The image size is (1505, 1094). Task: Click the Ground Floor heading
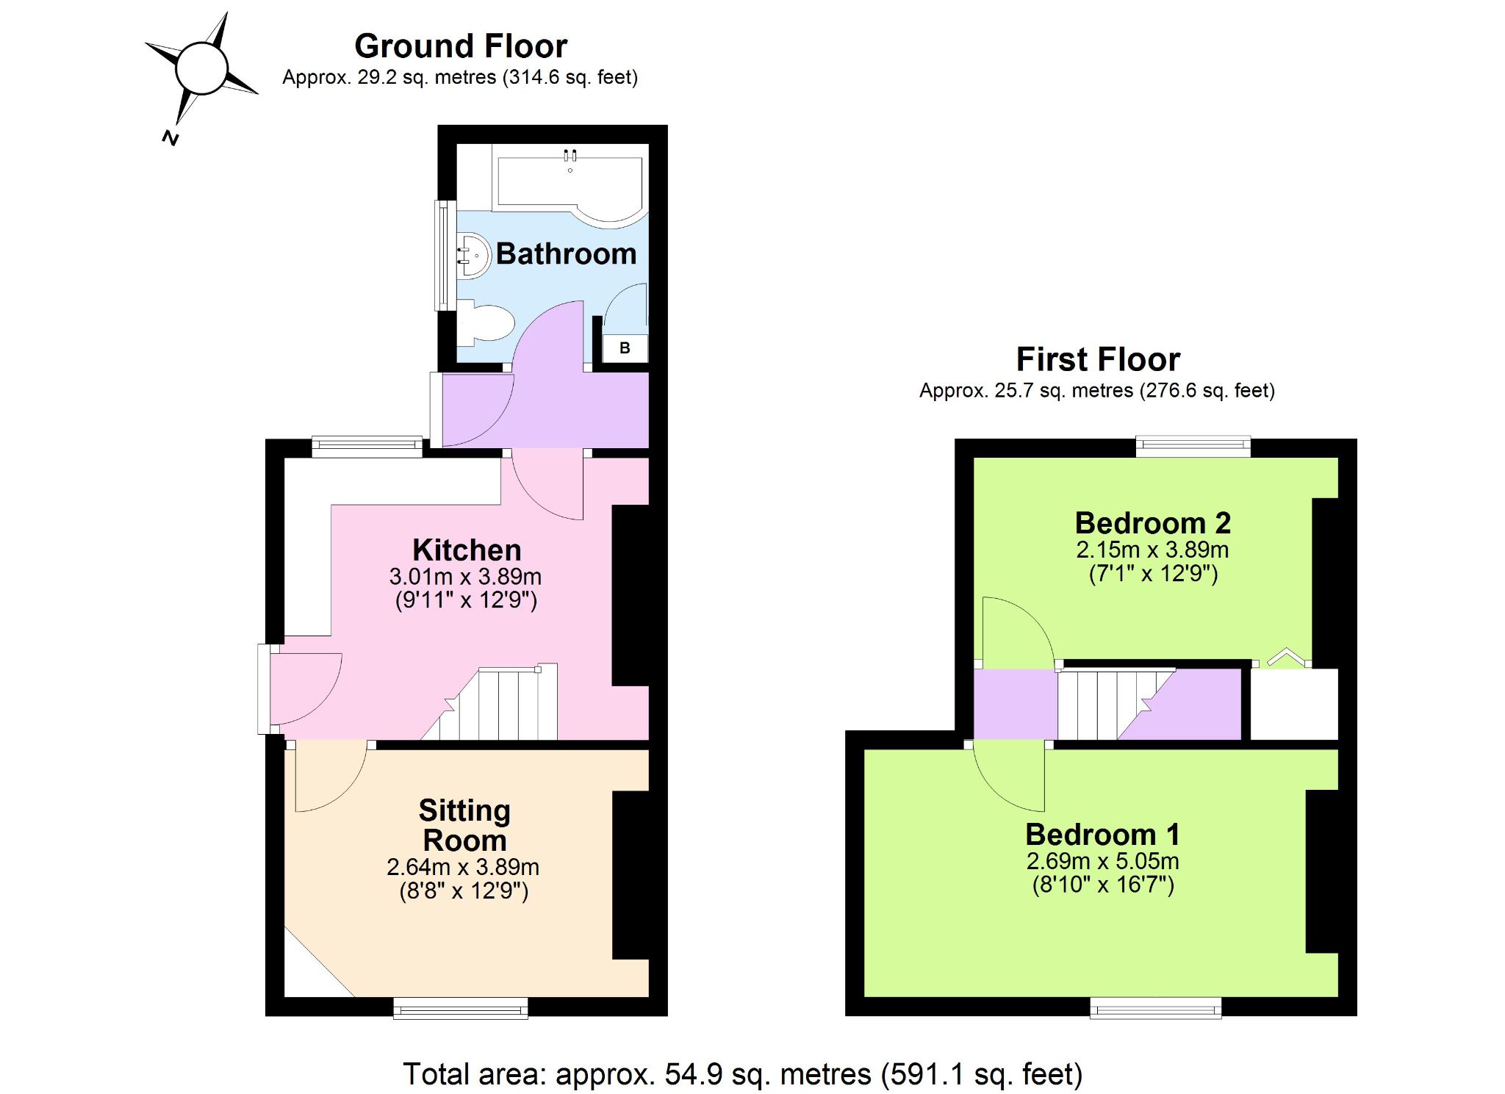click(x=461, y=46)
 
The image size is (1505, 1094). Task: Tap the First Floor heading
click(x=1098, y=359)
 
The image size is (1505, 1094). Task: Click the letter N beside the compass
click(x=170, y=137)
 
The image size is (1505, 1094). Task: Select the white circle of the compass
click(x=202, y=68)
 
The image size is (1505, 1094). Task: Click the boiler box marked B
click(x=625, y=348)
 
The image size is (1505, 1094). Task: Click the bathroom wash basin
click(x=473, y=256)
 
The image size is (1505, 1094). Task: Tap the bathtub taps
click(x=570, y=155)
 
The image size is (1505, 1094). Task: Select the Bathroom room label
click(x=566, y=253)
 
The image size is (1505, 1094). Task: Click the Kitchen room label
click(x=467, y=550)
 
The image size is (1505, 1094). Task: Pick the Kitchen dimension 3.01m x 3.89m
click(x=465, y=576)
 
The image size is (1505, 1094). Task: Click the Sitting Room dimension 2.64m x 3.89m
click(x=463, y=867)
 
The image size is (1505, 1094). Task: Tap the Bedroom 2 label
click(x=1152, y=523)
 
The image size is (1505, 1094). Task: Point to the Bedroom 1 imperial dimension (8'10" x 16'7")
click(x=1103, y=884)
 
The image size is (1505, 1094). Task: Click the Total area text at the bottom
click(x=743, y=1074)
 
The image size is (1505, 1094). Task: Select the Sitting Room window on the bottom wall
click(x=461, y=1007)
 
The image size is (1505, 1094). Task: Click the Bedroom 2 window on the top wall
click(x=1193, y=446)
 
